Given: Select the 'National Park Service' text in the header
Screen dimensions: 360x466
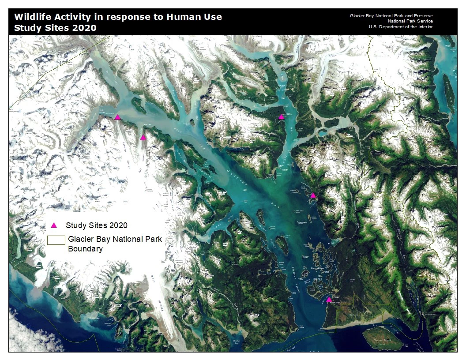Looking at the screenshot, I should pos(410,21).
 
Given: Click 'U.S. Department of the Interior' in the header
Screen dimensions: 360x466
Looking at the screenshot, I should pos(400,27).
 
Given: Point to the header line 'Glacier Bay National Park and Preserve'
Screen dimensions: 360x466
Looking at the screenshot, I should pos(391,15).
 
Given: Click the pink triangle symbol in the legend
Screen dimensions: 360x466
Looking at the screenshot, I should pos(54,225).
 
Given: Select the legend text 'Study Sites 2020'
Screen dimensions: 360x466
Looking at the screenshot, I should pos(97,225).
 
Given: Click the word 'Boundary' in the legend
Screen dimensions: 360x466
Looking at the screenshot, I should pos(85,249).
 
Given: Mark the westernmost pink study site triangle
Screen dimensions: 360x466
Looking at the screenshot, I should pos(117,117).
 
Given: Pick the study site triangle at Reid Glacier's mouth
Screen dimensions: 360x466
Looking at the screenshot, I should pos(143,138).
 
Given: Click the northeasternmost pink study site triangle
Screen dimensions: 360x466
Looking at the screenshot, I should pos(281,117).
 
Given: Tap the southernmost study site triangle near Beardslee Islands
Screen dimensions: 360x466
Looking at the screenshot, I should pos(329,300).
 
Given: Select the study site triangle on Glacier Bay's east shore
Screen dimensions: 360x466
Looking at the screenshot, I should pos(313,195).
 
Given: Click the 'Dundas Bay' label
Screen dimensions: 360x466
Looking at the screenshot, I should pos(236,342).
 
